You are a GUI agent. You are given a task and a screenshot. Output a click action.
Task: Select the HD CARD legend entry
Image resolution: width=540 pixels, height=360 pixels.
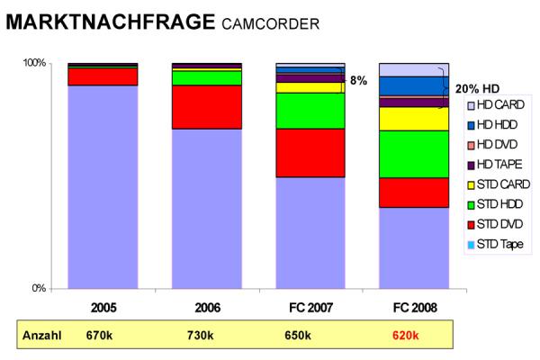[x=498, y=105]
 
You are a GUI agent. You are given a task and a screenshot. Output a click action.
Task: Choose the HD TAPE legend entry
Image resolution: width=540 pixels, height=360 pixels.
[x=499, y=165]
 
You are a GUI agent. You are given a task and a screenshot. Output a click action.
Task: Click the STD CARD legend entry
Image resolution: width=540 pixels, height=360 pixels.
[x=500, y=184]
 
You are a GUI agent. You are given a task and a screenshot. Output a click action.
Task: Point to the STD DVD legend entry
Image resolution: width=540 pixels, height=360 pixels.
[x=499, y=224]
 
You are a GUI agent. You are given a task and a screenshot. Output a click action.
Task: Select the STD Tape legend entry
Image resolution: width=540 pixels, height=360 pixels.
[x=499, y=244]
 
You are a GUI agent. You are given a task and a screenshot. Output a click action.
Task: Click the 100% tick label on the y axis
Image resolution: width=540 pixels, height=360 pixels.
[x=34, y=63]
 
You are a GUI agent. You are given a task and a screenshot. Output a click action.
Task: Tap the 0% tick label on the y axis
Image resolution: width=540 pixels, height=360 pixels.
[x=38, y=288]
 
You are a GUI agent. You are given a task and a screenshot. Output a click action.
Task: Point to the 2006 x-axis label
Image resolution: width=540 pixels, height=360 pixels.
[x=206, y=308]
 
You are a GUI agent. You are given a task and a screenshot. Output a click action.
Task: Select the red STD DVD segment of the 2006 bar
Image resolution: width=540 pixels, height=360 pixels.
[x=206, y=107]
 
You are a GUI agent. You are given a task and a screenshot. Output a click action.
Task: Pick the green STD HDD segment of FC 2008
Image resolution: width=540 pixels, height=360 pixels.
[x=413, y=154]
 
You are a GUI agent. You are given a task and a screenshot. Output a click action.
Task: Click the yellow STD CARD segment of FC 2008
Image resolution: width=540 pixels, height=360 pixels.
[x=413, y=119]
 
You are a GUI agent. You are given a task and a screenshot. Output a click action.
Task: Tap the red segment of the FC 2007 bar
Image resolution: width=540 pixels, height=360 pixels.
[x=310, y=153]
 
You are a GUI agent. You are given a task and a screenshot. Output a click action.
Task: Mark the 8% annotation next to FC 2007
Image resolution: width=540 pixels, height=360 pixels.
[x=358, y=80]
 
